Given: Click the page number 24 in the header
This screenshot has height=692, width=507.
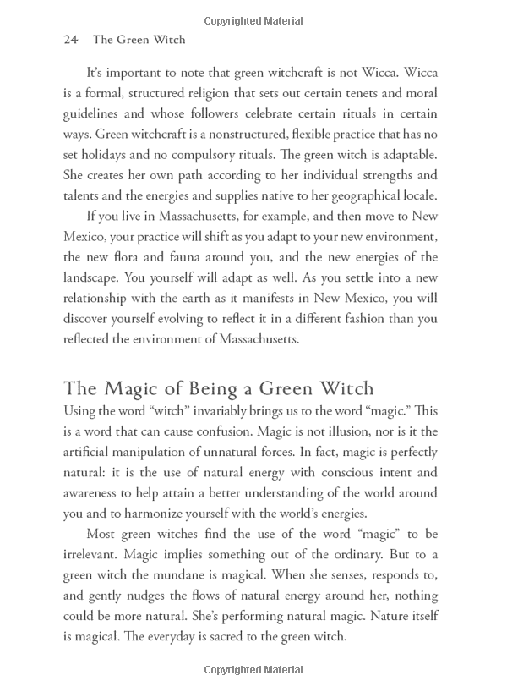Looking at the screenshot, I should (x=72, y=40).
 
